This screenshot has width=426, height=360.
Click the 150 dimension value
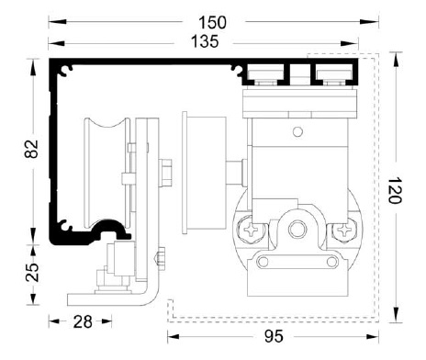[x=213, y=21]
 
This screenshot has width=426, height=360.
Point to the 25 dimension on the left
[x=31, y=272]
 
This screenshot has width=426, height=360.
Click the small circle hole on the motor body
[x=296, y=132]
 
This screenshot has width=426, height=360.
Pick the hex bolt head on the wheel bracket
[x=166, y=172]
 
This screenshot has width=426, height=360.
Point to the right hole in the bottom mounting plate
[x=326, y=263]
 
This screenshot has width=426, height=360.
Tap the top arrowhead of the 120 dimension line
[x=396, y=58]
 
